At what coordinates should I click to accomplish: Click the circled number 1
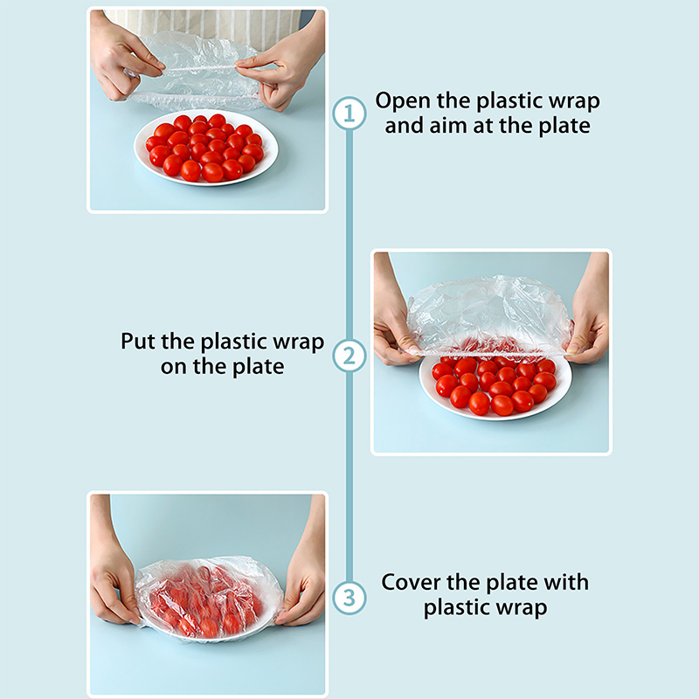(349, 114)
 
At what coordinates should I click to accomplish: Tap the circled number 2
(349, 356)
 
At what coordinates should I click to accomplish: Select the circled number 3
(349, 598)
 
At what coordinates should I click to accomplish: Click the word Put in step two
(138, 342)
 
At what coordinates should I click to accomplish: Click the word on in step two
(174, 367)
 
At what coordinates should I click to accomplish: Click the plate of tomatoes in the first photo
(205, 147)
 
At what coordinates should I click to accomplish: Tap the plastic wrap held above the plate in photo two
(489, 317)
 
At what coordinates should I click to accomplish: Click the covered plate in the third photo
(209, 599)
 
